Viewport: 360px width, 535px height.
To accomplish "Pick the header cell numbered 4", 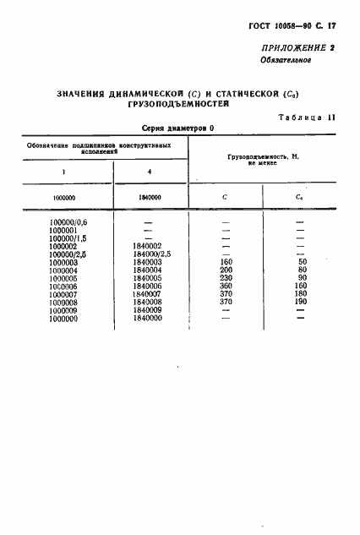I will coord(149,172).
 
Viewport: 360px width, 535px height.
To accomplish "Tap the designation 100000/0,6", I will coord(70,222).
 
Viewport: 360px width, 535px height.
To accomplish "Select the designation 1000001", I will coord(65,230).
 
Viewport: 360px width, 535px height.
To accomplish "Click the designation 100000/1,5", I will coord(70,237).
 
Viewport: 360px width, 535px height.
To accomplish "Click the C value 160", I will coord(225,262).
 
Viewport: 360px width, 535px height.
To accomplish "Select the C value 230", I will coord(225,278).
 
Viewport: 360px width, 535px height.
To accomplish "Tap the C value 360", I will coord(225,286).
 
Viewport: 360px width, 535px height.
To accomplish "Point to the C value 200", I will coord(225,270).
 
